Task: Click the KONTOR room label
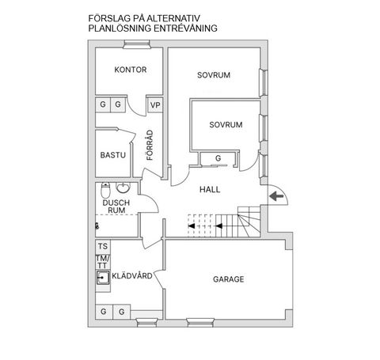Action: click(131, 70)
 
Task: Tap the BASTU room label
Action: click(113, 155)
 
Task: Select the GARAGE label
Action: click(229, 279)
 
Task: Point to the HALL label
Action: click(210, 189)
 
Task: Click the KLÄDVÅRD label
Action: click(132, 275)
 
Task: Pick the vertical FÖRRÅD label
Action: click(150, 145)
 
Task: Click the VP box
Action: click(155, 105)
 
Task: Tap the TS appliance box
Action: click(103, 247)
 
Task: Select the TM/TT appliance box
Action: click(102, 262)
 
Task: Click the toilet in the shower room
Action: click(105, 190)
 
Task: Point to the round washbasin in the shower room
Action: click(123, 188)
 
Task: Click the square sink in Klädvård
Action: click(103, 278)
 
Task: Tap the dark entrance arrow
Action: click(276, 196)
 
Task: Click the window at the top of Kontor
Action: click(136, 44)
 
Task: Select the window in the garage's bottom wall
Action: click(200, 322)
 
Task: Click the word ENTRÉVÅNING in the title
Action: click(185, 28)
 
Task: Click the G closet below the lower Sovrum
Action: click(218, 158)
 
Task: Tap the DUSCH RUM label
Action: click(116, 207)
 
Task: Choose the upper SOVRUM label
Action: click(214, 75)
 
